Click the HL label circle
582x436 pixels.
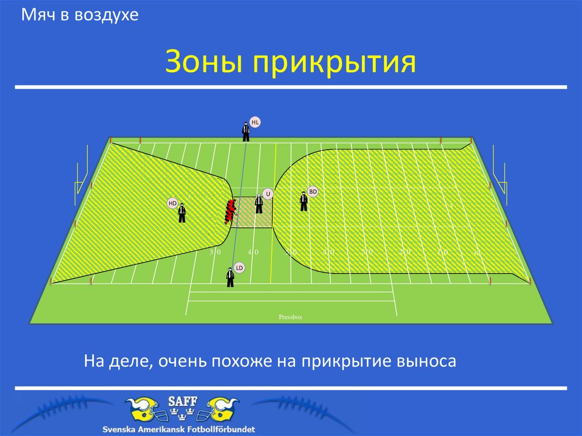255,122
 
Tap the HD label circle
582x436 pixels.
173,203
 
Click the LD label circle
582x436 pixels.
239,267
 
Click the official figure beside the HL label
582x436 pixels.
246,132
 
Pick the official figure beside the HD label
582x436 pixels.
182,213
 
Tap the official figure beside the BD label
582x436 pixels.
304,201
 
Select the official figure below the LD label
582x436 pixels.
230,277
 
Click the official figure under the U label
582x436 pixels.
259,204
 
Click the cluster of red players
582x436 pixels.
230,211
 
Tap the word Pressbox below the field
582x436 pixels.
290,317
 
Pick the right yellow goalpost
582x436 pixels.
499,171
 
